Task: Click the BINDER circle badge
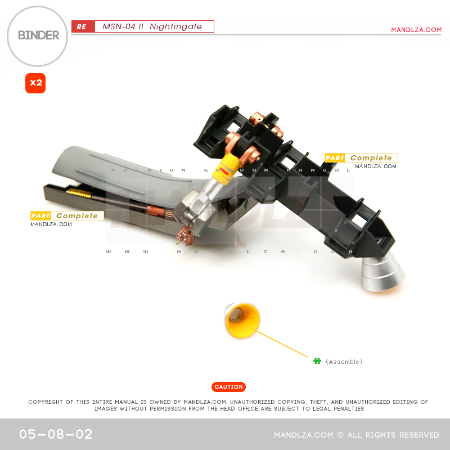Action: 38,36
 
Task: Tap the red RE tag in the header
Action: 82,27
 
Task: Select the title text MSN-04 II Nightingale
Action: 148,26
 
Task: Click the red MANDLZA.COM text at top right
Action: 416,30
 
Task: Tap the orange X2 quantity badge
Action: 35,83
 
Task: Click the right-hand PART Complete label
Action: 361,158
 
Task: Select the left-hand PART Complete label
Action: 67,216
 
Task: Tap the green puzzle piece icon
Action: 317,361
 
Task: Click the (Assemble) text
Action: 344,362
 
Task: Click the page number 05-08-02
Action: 56,435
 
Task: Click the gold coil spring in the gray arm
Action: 80,193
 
